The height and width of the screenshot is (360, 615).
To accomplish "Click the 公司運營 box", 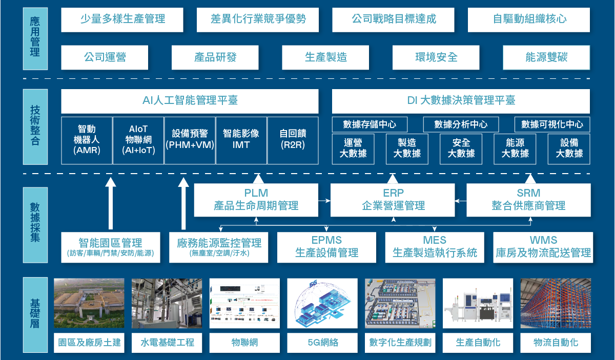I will (105, 57).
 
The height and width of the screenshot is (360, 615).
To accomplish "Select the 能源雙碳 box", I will (546, 57).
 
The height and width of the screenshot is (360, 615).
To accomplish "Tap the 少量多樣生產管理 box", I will (122, 19).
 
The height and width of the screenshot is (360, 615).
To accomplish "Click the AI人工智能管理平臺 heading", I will (190, 101).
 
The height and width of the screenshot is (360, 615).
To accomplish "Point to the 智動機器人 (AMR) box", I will (87, 140).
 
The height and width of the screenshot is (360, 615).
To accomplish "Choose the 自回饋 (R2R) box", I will (293, 140).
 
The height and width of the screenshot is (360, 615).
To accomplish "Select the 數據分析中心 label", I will (461, 124).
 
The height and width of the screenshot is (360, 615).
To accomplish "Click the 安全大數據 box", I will (461, 149).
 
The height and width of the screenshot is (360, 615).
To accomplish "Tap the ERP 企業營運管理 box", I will (393, 200).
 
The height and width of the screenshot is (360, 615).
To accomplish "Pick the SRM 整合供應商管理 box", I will (528, 200).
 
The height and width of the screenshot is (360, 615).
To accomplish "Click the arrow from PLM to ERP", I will (324, 200).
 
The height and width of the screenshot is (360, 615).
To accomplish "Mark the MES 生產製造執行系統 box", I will (435, 247).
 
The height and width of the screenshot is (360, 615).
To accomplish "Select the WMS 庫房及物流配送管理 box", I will (543, 247).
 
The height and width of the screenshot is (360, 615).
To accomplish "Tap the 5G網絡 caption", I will (323, 343).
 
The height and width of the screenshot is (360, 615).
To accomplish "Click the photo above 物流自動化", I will (556, 303).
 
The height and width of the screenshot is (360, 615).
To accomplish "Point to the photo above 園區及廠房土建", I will (89, 303).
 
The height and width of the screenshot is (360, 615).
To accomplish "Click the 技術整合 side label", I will (35, 126).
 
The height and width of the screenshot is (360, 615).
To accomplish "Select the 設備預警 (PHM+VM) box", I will (190, 140).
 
